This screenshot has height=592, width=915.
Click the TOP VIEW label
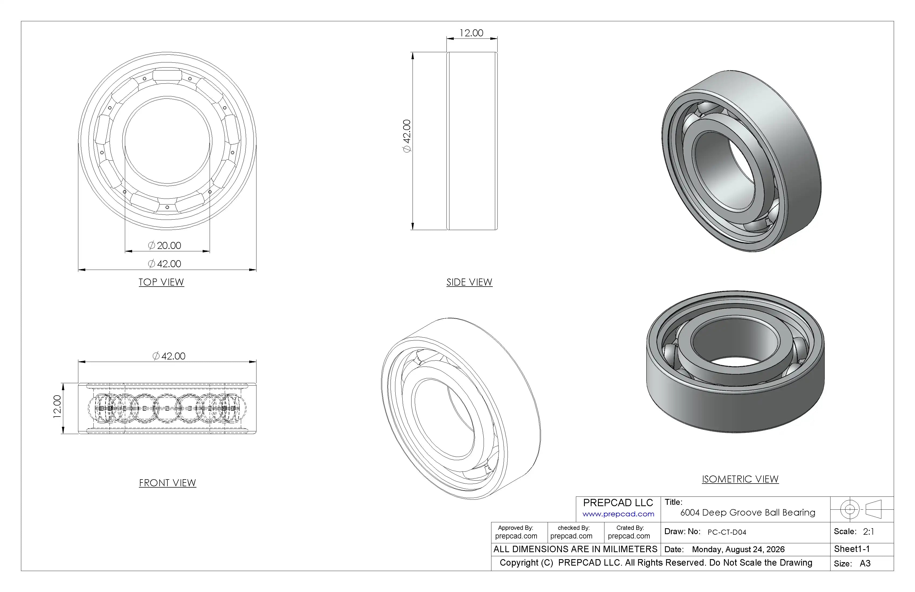161,282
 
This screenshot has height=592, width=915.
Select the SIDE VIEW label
469,282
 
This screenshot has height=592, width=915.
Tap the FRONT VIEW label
168,483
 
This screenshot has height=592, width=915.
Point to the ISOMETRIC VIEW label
740,479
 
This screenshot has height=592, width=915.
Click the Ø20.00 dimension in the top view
164,245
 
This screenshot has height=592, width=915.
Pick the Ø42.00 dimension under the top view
164,264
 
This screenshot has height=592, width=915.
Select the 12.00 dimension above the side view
471,33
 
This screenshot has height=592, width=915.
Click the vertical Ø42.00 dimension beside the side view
407,136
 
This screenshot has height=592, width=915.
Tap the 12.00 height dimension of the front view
57,407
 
